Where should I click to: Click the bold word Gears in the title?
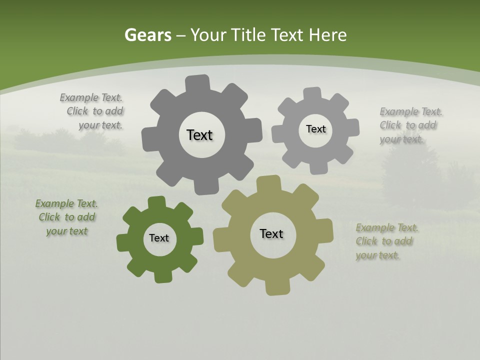(x=148, y=35)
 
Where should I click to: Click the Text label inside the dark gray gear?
(x=199, y=135)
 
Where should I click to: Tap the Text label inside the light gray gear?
(x=315, y=129)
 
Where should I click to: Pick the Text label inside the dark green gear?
(x=159, y=238)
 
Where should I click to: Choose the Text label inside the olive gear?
(x=271, y=233)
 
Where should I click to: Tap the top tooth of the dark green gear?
(x=156, y=202)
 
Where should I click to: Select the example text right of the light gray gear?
(x=410, y=125)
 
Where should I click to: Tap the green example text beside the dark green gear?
(x=66, y=217)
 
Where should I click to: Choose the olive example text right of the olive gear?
(x=386, y=241)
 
